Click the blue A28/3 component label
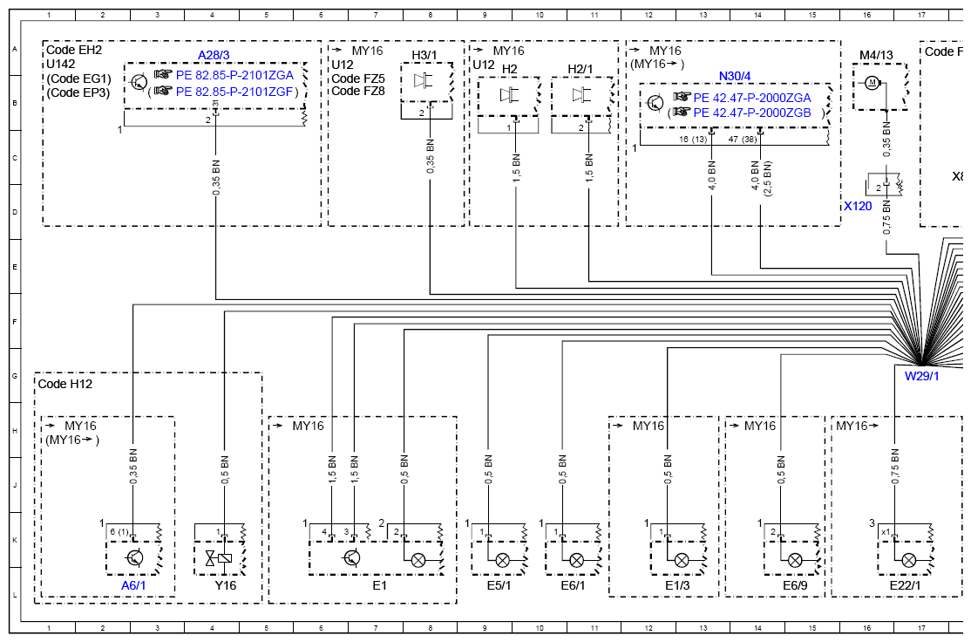point(214,55)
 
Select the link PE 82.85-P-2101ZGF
point(234,92)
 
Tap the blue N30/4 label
point(735,76)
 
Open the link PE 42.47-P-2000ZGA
point(751,98)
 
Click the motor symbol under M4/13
point(872,82)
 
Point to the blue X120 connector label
point(858,206)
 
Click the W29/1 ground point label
point(921,376)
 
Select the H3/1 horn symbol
point(423,80)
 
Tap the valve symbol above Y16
point(220,557)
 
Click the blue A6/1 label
point(133,585)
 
